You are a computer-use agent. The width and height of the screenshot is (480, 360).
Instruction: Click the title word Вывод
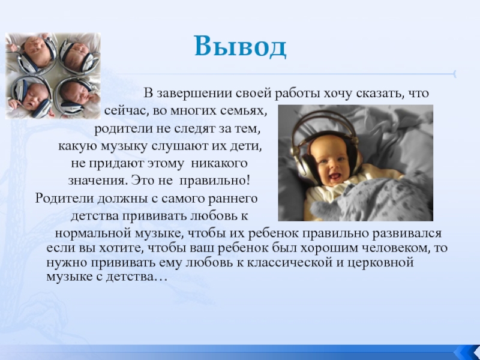click(241, 47)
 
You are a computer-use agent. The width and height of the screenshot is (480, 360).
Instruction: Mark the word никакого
click(219, 163)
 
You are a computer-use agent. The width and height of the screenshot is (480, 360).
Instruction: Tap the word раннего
click(233, 199)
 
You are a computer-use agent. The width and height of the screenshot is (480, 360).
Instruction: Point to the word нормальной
click(93, 233)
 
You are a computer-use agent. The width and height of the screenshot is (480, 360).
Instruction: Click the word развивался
click(407, 233)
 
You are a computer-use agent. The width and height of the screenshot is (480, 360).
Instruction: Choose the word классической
click(289, 262)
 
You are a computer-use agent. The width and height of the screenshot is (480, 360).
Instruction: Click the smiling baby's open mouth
click(335, 176)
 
